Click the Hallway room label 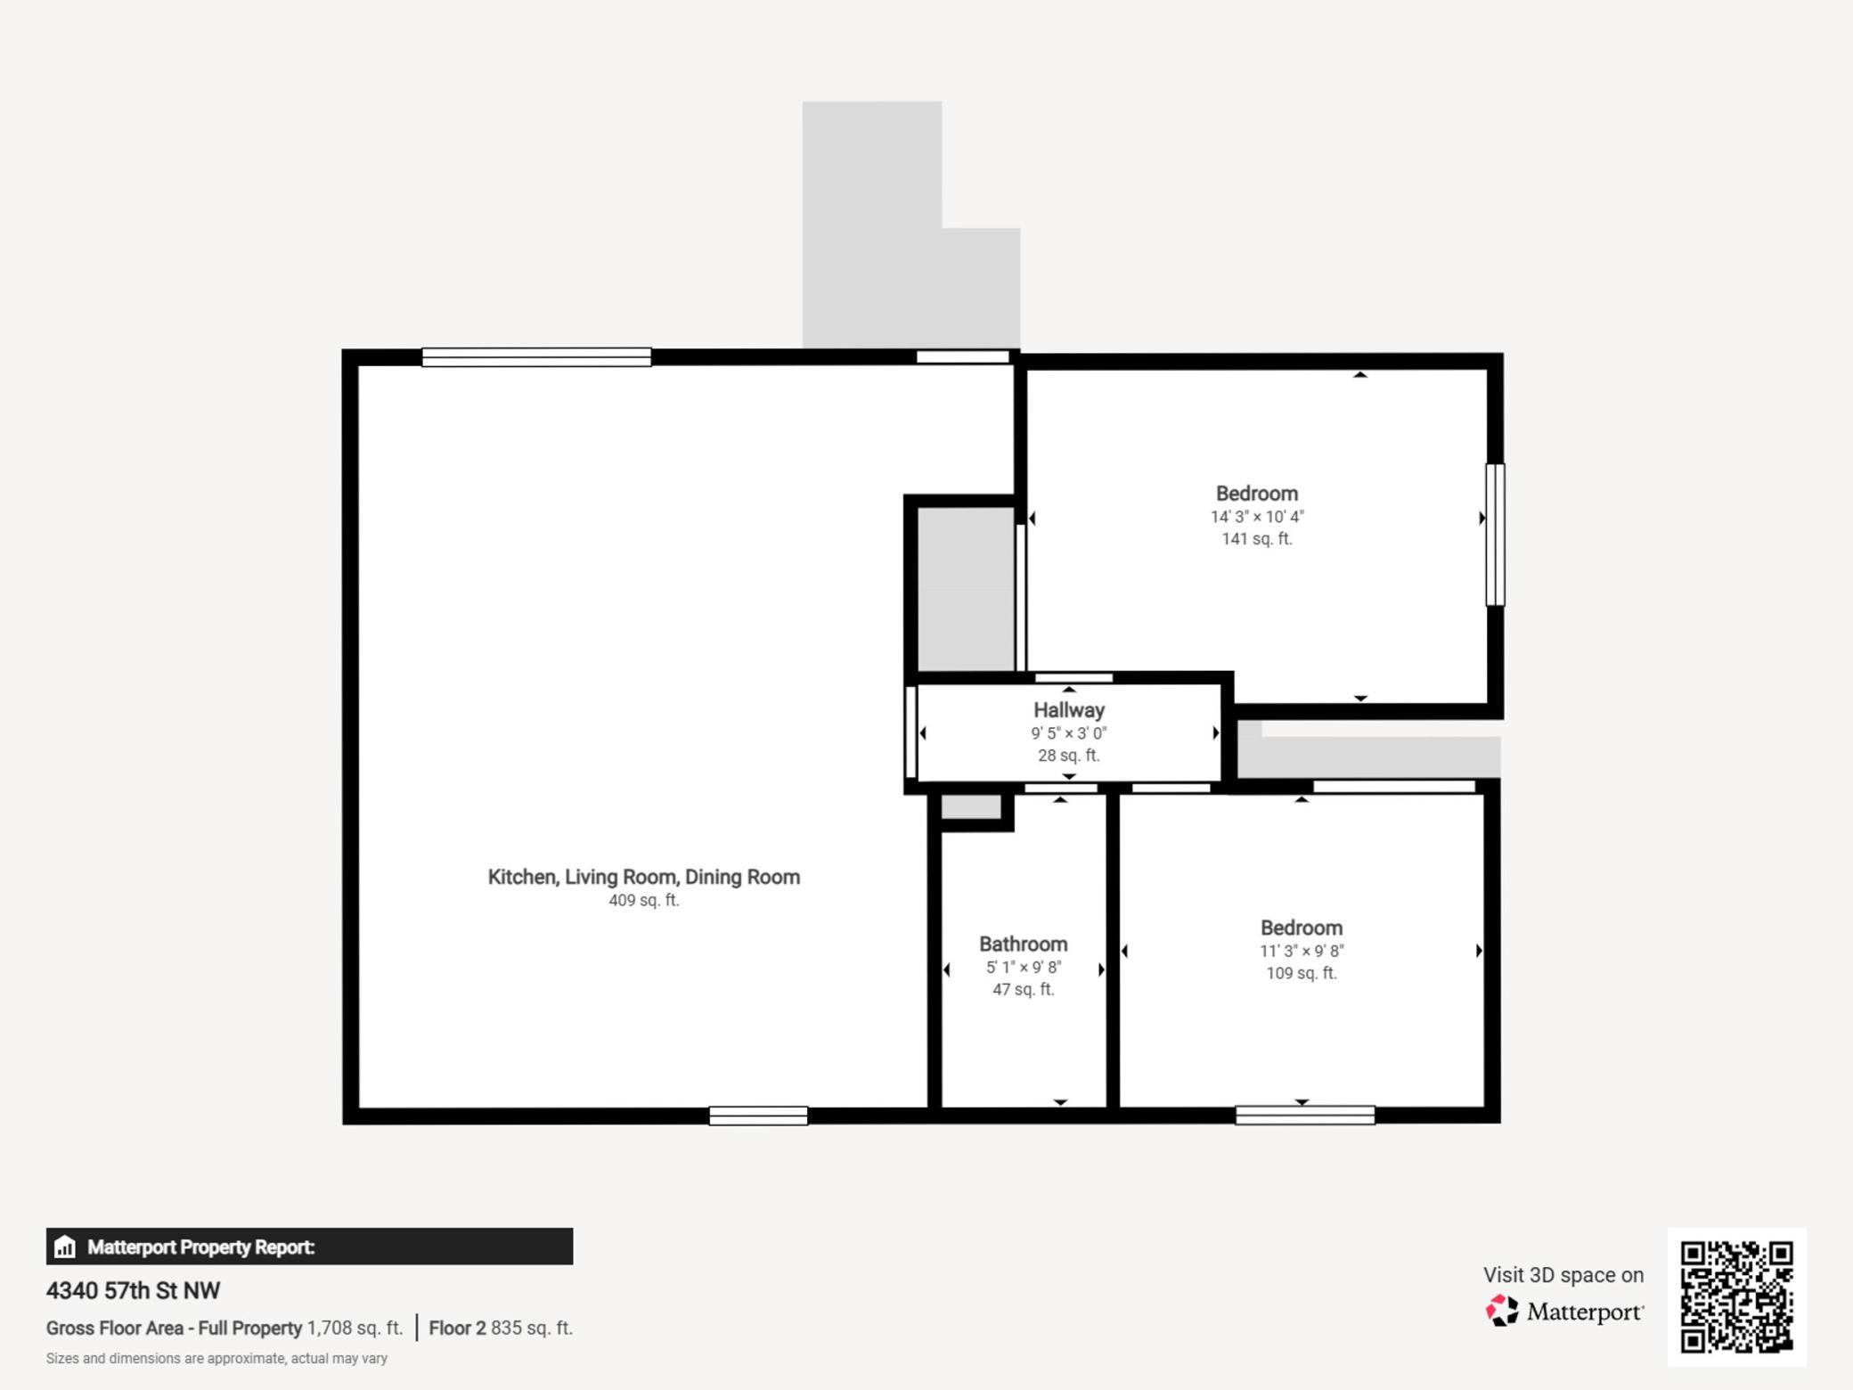point(1069,710)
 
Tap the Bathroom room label point(1023,944)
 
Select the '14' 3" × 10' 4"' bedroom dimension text point(1257,517)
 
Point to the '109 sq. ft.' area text point(1302,973)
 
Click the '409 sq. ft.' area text point(644,900)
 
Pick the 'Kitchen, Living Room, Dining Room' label point(644,877)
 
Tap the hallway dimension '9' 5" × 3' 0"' point(1069,733)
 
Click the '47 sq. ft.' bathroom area point(1024,989)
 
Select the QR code point(1737,1296)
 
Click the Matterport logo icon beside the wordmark point(1502,1311)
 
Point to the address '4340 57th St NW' point(134,1290)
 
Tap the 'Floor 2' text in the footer point(458,1328)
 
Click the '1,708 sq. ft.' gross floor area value point(355,1328)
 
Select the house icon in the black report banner point(64,1247)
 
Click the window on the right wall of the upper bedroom point(1495,535)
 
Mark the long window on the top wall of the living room point(536,357)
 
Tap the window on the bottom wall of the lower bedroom point(1305,1115)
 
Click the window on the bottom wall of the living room point(758,1116)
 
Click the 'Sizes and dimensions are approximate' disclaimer point(216,1359)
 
